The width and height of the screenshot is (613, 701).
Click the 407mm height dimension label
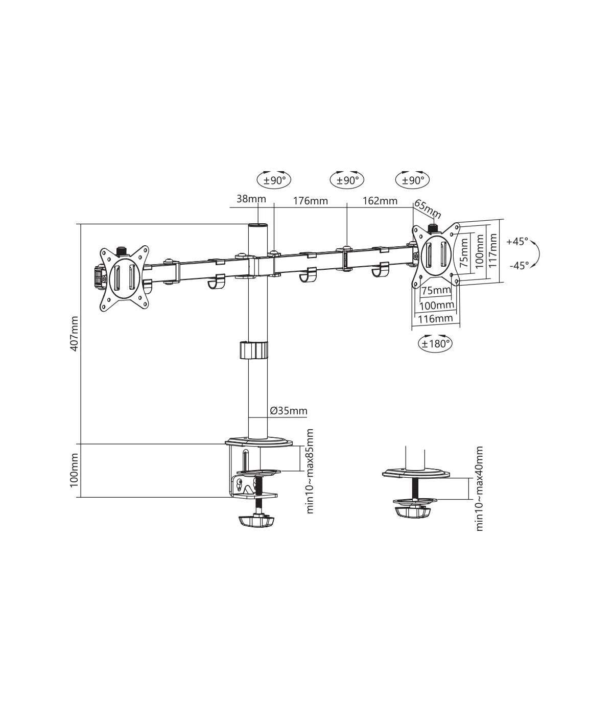click(74, 333)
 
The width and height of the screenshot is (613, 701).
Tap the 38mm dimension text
click(251, 199)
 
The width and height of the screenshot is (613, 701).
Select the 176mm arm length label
click(310, 201)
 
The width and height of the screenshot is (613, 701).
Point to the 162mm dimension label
click(380, 200)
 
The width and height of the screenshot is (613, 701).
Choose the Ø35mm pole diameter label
click(288, 410)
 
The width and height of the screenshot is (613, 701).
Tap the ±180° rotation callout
click(435, 343)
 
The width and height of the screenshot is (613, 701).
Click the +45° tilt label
click(517, 241)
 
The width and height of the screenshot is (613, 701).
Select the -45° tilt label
click(519, 266)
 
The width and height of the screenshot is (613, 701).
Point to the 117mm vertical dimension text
click(493, 250)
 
